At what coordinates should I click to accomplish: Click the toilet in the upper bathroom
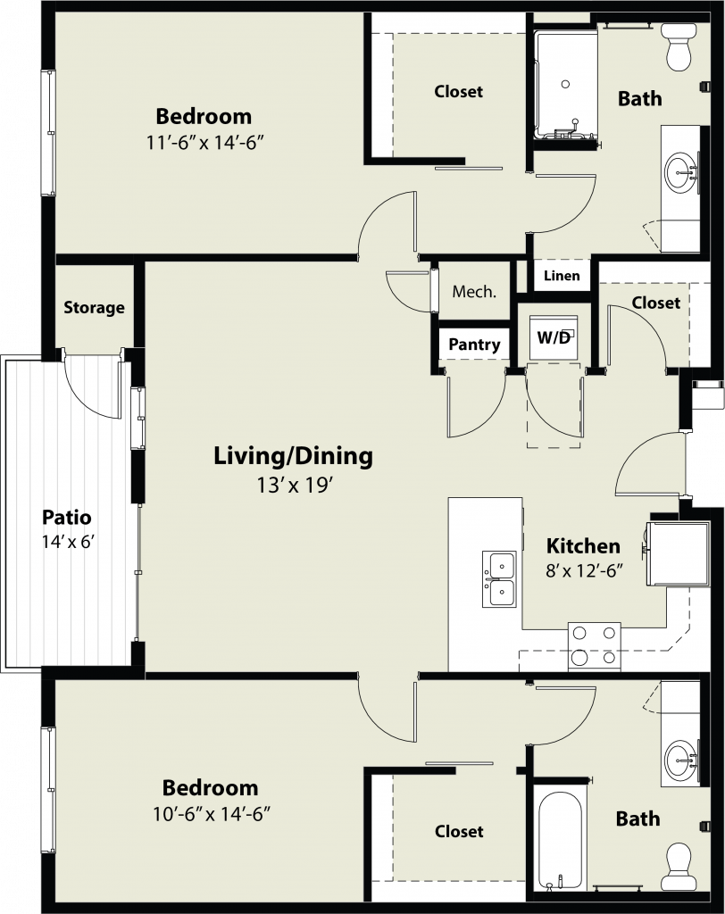click(679, 46)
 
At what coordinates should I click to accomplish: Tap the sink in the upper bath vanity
click(680, 172)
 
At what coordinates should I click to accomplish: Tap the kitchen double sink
click(499, 578)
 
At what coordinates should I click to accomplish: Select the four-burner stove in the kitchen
click(595, 646)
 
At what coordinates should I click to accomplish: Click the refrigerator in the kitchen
click(678, 553)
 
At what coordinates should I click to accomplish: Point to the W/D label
click(553, 337)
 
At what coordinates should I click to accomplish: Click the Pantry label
click(474, 345)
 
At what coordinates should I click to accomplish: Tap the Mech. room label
click(474, 292)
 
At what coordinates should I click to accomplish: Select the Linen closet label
click(562, 276)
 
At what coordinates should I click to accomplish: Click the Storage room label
click(94, 308)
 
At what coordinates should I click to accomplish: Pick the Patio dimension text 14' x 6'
click(68, 542)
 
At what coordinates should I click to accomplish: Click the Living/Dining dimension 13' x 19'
click(295, 485)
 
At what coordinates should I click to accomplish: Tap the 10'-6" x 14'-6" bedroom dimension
click(211, 814)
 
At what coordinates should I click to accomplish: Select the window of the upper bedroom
click(48, 133)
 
